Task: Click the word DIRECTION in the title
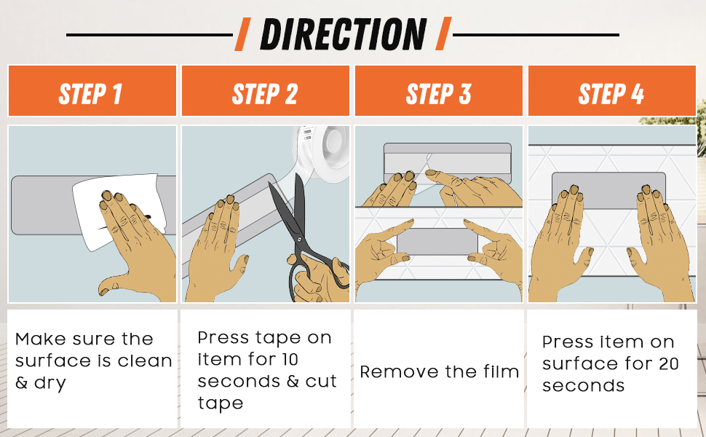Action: pos(343,34)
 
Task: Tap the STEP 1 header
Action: pos(92,91)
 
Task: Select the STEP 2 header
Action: pos(265,91)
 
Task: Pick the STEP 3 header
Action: pos(439,91)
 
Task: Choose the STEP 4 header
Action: pos(612,91)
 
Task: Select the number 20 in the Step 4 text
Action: pos(668,363)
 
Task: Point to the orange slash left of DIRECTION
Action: pos(242,34)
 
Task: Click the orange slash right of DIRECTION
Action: pos(443,34)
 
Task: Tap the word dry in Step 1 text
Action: pos(50,383)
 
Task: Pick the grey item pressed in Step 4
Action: pos(608,190)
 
